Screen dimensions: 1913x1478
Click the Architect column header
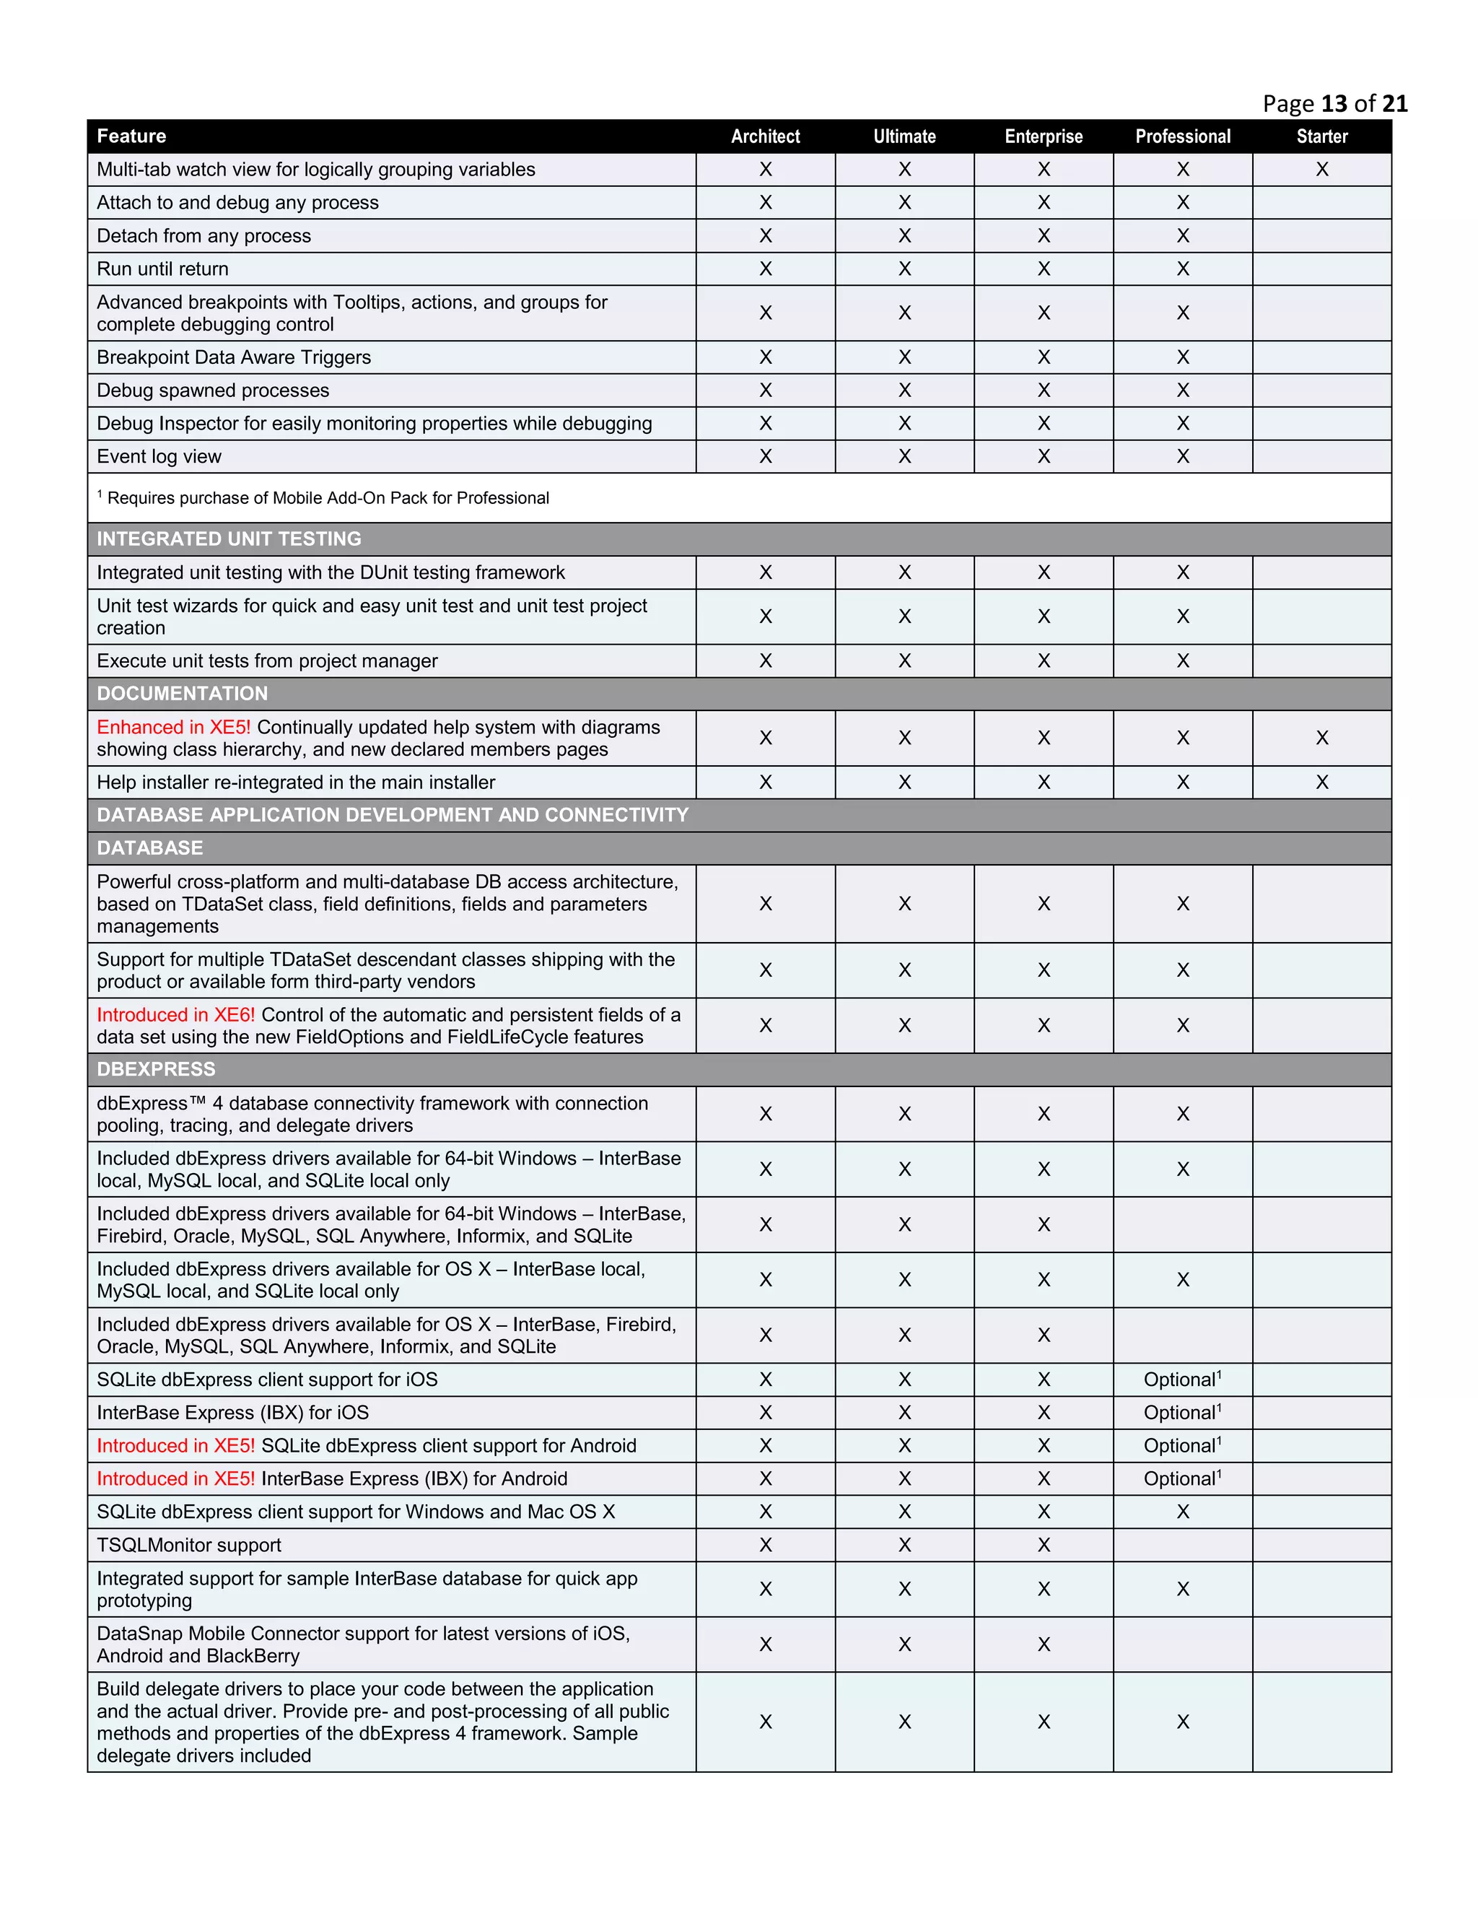click(765, 136)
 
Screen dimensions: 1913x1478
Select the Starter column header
click(1321, 136)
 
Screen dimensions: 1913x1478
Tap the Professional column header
click(1182, 136)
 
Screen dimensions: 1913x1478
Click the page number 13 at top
click(1334, 103)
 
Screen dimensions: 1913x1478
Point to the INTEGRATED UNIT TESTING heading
click(229, 539)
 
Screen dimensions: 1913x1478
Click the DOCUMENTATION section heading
click(182, 694)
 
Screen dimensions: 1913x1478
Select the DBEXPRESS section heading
click(156, 1070)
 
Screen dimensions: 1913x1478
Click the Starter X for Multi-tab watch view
click(1321, 170)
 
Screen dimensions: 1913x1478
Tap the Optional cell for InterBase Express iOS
click(1182, 1413)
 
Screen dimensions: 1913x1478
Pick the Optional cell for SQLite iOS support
click(1182, 1380)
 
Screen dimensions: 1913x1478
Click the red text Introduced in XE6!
click(176, 1015)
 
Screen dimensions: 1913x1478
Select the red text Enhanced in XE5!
click(173, 727)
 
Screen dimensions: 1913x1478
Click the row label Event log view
click(159, 456)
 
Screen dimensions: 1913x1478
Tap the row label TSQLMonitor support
click(189, 1545)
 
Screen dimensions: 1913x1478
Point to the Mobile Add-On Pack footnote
click(328, 498)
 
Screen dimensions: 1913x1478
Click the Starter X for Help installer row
click(1321, 783)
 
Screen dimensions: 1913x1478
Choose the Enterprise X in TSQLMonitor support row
click(1044, 1545)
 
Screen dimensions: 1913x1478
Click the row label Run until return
click(163, 269)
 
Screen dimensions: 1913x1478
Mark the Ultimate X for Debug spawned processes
click(904, 391)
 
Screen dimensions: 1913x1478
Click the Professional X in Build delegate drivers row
click(1182, 1722)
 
